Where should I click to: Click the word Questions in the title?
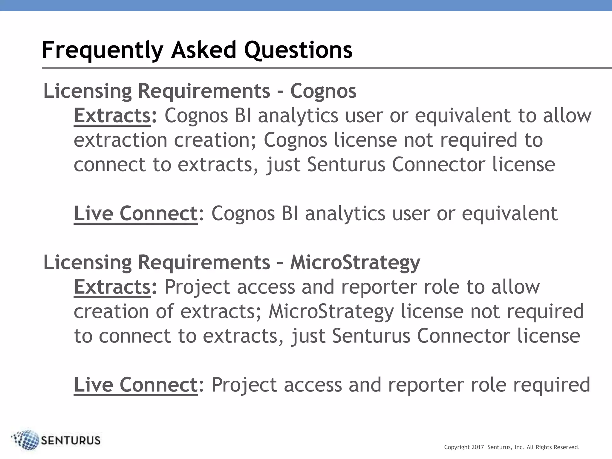point(298,50)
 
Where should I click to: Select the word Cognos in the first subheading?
point(323,91)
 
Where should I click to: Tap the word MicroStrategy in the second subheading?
point(355,262)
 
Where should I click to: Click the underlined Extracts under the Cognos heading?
point(112,116)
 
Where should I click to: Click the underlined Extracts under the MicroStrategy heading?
point(112,287)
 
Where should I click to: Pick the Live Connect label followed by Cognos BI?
point(136,213)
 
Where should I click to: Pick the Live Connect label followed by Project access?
point(136,385)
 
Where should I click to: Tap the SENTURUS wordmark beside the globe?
point(71,440)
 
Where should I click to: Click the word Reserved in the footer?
point(567,447)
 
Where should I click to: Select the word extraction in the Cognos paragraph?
point(120,140)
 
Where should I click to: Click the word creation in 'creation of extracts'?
point(111,311)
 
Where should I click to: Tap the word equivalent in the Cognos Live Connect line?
point(510,213)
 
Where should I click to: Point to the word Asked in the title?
point(204,50)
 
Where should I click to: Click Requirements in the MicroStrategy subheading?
point(204,262)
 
